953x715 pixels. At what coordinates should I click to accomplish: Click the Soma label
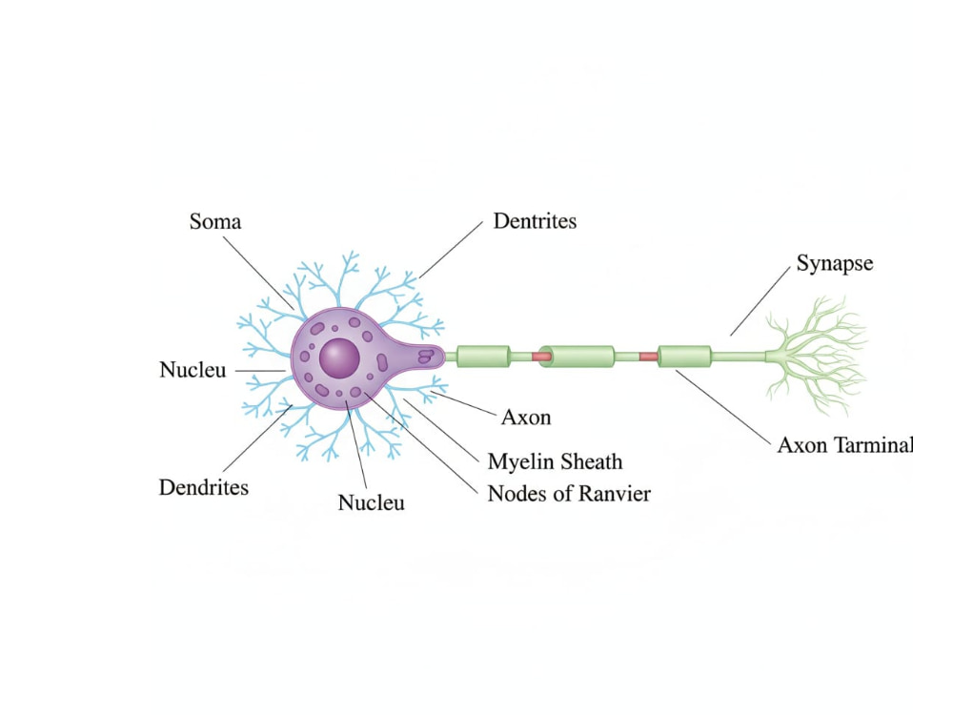[x=215, y=221]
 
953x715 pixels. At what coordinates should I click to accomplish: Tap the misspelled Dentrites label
[x=535, y=221]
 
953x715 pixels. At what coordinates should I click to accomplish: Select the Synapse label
[x=835, y=264]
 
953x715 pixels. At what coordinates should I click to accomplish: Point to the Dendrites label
[x=204, y=487]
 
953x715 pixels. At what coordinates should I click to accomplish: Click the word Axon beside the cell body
[x=526, y=418]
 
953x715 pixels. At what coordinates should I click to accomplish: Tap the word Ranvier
[x=613, y=493]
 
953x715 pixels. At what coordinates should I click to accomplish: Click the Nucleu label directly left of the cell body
[x=193, y=370]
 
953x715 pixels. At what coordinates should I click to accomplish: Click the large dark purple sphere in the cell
[x=339, y=358]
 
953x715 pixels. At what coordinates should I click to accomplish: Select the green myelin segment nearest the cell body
[x=483, y=357]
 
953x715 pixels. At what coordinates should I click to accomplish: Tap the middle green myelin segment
[x=577, y=357]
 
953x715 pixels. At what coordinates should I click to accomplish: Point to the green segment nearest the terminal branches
[x=684, y=357]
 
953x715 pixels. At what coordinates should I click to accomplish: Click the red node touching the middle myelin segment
[x=541, y=357]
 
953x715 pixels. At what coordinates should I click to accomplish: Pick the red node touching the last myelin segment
[x=648, y=357]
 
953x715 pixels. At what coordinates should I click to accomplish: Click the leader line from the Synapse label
[x=760, y=301]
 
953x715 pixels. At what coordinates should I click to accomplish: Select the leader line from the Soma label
[x=259, y=273]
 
